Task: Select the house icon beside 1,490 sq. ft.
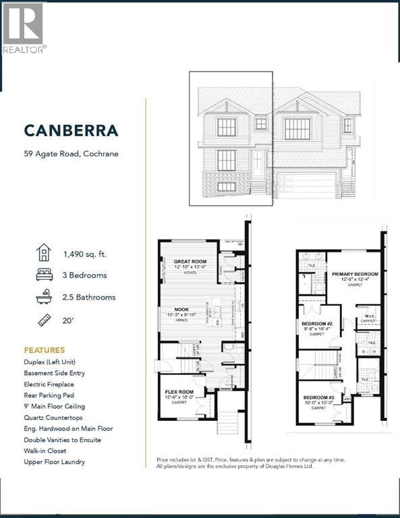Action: tap(42, 254)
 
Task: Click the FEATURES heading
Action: tap(45, 350)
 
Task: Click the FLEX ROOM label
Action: tap(180, 391)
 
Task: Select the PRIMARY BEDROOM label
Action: tap(355, 275)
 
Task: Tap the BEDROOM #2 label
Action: tap(317, 324)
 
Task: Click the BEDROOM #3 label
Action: tap(319, 398)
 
